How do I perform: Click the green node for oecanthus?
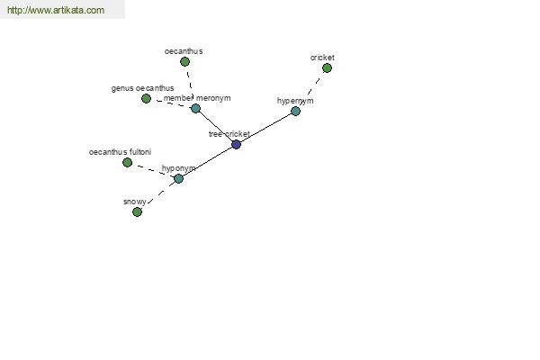[x=184, y=62]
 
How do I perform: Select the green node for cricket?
[x=327, y=67]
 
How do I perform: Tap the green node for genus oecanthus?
[x=146, y=98]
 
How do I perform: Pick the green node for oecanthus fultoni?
[x=127, y=162]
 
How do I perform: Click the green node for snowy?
[x=137, y=211]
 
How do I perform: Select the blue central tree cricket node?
[x=236, y=144]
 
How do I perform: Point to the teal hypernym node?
[x=295, y=111]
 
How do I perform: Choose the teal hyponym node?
[x=178, y=178]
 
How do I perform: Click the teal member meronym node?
[x=195, y=108]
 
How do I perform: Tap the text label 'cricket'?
[x=322, y=58]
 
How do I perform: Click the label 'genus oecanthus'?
[x=142, y=88]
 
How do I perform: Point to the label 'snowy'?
[x=134, y=202]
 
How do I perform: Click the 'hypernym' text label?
[x=295, y=101]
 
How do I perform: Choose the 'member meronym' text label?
[x=197, y=98]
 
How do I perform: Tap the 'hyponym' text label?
[x=178, y=168]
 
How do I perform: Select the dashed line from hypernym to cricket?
[x=311, y=88]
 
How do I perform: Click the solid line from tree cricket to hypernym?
[x=265, y=128]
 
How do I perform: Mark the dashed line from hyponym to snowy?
[x=158, y=194]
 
